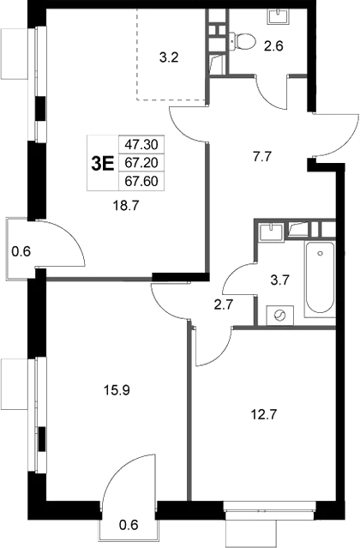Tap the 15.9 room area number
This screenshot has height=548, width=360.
tap(117, 390)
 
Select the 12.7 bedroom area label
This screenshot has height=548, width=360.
tap(264, 415)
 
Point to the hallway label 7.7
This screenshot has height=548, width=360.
tap(262, 157)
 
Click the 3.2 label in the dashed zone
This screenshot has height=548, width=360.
tap(169, 57)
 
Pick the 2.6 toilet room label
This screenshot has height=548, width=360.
tap(273, 45)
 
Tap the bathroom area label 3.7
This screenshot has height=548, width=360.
tap(280, 280)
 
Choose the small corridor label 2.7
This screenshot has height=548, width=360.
tap(224, 304)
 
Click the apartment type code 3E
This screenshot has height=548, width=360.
tap(103, 164)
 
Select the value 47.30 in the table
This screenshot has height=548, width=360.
tap(141, 144)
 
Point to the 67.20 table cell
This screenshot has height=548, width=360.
tap(141, 162)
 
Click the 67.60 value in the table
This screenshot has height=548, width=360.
tap(141, 181)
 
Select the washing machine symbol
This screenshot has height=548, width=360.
tap(280, 316)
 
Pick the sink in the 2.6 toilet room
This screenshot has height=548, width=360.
tap(279, 15)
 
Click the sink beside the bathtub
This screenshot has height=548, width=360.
tap(271, 232)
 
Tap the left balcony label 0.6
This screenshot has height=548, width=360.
tap(21, 251)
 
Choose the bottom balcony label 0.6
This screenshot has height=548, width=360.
tap(129, 525)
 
